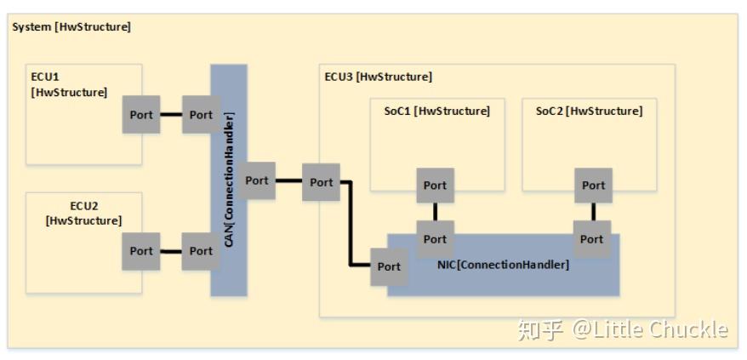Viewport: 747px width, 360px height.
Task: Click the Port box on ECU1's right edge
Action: point(141,115)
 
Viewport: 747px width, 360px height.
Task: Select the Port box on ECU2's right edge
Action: point(141,251)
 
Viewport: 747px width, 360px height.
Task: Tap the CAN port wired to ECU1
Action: point(201,115)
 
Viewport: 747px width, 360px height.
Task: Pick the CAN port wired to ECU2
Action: point(201,251)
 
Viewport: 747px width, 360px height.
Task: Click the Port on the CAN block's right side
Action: point(256,180)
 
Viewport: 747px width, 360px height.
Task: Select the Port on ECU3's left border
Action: point(321,182)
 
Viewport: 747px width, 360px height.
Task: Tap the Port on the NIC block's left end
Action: point(389,266)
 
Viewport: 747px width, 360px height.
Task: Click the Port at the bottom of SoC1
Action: point(435,185)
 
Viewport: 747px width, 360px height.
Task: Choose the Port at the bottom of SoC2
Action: point(593,185)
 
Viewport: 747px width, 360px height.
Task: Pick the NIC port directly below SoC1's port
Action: point(435,238)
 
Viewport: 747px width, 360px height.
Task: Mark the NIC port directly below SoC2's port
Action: point(591,238)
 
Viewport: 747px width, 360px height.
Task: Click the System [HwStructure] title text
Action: point(71,26)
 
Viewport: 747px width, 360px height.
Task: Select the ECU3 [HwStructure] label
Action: point(378,77)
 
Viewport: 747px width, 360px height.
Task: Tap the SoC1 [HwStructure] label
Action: point(431,111)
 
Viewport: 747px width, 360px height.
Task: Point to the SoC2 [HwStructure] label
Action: point(589,111)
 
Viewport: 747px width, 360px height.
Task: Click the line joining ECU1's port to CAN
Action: point(171,115)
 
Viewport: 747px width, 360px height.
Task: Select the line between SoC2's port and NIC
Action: point(593,211)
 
